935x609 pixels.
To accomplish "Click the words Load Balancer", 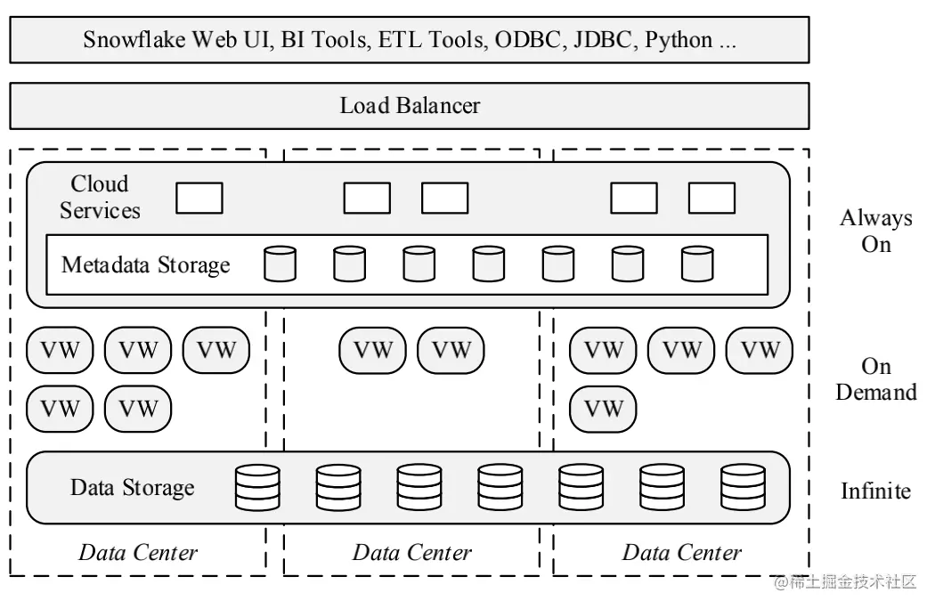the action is (x=410, y=106).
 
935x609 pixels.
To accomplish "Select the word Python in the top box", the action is (x=679, y=41).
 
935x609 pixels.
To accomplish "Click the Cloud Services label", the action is (x=100, y=197).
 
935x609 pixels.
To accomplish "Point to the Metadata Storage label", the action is (x=145, y=264).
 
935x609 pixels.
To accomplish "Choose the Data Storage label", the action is (x=133, y=487).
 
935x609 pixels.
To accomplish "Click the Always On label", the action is (x=876, y=231).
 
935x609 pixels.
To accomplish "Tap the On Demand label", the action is (x=876, y=378).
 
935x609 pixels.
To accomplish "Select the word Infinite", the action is (x=876, y=491).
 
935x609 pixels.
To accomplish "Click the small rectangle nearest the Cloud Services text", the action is (x=199, y=198).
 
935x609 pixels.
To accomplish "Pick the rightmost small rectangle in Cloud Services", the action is (x=711, y=198).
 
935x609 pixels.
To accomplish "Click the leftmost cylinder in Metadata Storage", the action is (x=280, y=264).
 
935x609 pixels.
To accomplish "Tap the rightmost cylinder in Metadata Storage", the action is (x=697, y=264).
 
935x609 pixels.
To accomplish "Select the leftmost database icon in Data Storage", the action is (x=257, y=488).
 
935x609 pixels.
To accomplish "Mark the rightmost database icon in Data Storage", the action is (x=743, y=488).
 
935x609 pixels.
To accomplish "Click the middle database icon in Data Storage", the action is (x=500, y=488).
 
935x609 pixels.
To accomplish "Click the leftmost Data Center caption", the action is (x=138, y=552).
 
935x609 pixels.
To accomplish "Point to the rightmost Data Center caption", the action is (x=681, y=552).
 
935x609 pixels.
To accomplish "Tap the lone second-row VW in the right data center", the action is (x=603, y=410).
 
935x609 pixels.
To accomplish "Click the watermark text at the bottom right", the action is (x=845, y=581).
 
